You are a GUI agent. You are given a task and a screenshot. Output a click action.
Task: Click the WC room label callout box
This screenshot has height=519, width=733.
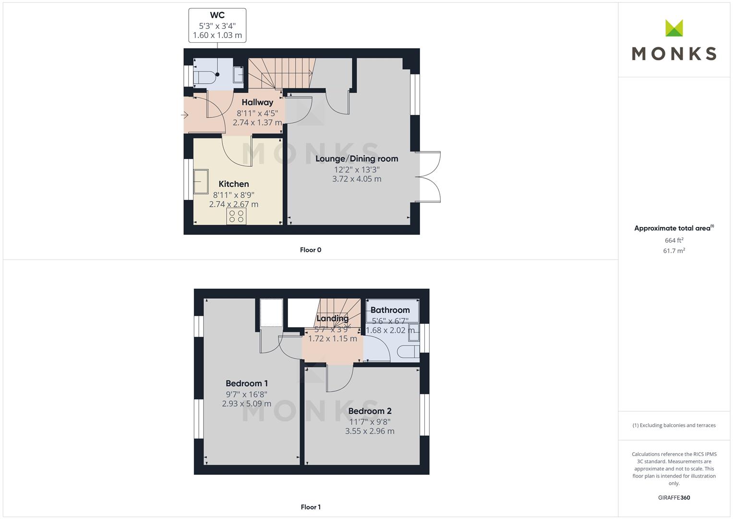[217, 25]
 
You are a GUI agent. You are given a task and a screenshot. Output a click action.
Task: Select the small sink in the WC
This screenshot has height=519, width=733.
[238, 74]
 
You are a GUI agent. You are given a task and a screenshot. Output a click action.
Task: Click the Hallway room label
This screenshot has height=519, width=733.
[257, 102]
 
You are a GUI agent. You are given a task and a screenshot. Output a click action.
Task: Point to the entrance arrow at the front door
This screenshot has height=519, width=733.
[184, 115]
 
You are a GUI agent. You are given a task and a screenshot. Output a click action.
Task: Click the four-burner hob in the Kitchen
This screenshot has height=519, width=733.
[236, 216]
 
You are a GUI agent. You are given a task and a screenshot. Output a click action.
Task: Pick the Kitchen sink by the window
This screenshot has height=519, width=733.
[201, 182]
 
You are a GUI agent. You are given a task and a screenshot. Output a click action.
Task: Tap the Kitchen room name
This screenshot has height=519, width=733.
[234, 184]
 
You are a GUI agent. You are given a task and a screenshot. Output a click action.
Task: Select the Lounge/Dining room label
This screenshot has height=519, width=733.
[357, 159]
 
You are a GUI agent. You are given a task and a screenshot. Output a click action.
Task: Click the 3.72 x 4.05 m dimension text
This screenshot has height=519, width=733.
[357, 179]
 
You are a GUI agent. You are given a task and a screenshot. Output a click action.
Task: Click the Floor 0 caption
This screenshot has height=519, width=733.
[311, 250]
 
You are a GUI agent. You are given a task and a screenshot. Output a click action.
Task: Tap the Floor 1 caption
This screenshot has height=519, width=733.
[311, 507]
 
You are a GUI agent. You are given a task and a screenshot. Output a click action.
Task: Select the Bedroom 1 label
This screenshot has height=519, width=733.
[247, 383]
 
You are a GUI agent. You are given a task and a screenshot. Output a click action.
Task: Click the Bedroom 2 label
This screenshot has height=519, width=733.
[370, 411]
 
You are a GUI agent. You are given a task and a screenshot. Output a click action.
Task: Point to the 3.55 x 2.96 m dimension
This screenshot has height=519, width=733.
[370, 431]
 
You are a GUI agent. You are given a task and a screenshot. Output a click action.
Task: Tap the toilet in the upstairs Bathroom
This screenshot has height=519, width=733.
[408, 352]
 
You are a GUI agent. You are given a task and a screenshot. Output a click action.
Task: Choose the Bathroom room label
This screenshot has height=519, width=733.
[390, 310]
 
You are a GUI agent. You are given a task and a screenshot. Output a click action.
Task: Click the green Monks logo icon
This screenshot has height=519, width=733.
[674, 28]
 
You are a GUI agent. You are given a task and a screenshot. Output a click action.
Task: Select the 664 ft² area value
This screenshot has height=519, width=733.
[674, 240]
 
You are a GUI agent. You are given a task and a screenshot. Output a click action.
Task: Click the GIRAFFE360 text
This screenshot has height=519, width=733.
[674, 498]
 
